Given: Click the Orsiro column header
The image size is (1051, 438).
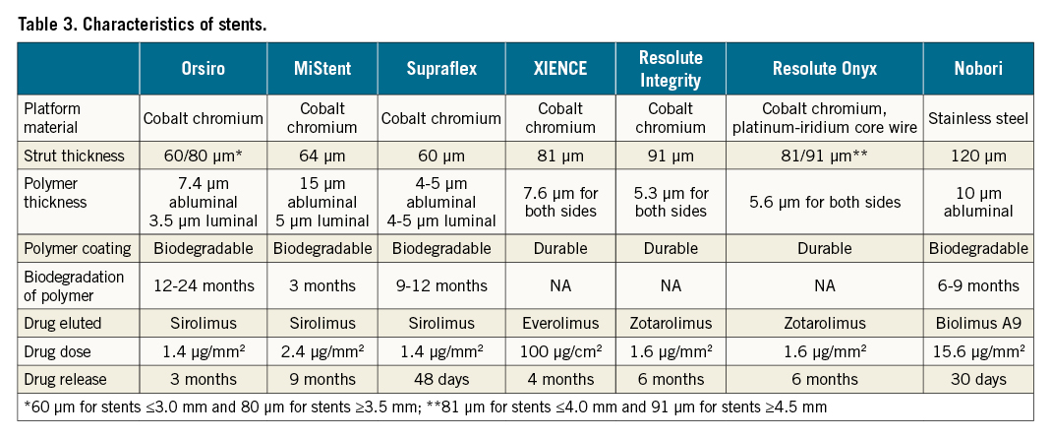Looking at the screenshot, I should (203, 68).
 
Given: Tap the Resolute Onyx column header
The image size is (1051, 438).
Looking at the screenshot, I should (824, 68).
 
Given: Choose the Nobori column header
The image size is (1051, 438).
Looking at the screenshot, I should (978, 68).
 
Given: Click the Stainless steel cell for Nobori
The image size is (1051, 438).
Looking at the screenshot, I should (978, 118).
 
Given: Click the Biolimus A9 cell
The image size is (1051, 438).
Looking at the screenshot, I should (978, 323).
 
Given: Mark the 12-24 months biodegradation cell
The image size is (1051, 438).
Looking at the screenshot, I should (203, 285).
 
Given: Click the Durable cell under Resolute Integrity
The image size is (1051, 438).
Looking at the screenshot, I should (671, 249).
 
